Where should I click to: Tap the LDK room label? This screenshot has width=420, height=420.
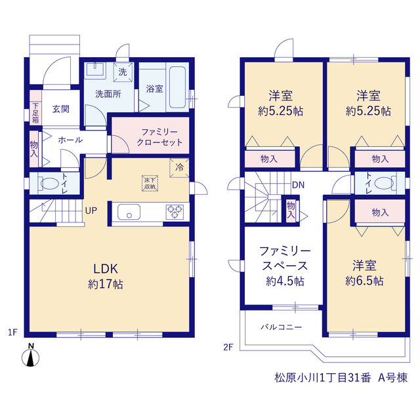pyautogui.click(x=106, y=269)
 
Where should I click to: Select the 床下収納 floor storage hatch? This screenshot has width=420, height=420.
pyautogui.click(x=150, y=184)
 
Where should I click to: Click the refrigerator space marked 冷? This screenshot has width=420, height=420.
pyautogui.click(x=179, y=168)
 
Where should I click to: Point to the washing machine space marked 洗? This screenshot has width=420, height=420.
pyautogui.click(x=123, y=72)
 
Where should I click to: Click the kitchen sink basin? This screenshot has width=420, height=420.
pyautogui.click(x=129, y=212)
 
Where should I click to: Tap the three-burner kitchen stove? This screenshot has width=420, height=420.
pyautogui.click(x=175, y=212)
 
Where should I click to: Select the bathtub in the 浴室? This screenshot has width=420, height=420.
pyautogui.click(x=177, y=87)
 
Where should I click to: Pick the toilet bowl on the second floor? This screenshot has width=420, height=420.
pyautogui.click(x=384, y=184)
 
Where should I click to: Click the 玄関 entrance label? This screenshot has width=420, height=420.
pyautogui.click(x=61, y=109)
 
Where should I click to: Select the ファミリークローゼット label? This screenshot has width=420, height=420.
pyautogui.click(x=159, y=137)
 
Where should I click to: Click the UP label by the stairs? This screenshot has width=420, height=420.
pyautogui.click(x=91, y=211)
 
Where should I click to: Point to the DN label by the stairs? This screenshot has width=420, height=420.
pyautogui.click(x=298, y=185)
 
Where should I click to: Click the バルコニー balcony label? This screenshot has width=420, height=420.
pyautogui.click(x=282, y=327)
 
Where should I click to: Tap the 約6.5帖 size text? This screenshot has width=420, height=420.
pyautogui.click(x=364, y=281)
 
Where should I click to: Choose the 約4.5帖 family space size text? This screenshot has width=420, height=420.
pyautogui.click(x=285, y=282)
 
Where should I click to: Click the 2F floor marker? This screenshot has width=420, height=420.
pyautogui.click(x=228, y=347)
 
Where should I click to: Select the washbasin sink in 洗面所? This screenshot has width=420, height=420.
pyautogui.click(x=95, y=70)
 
